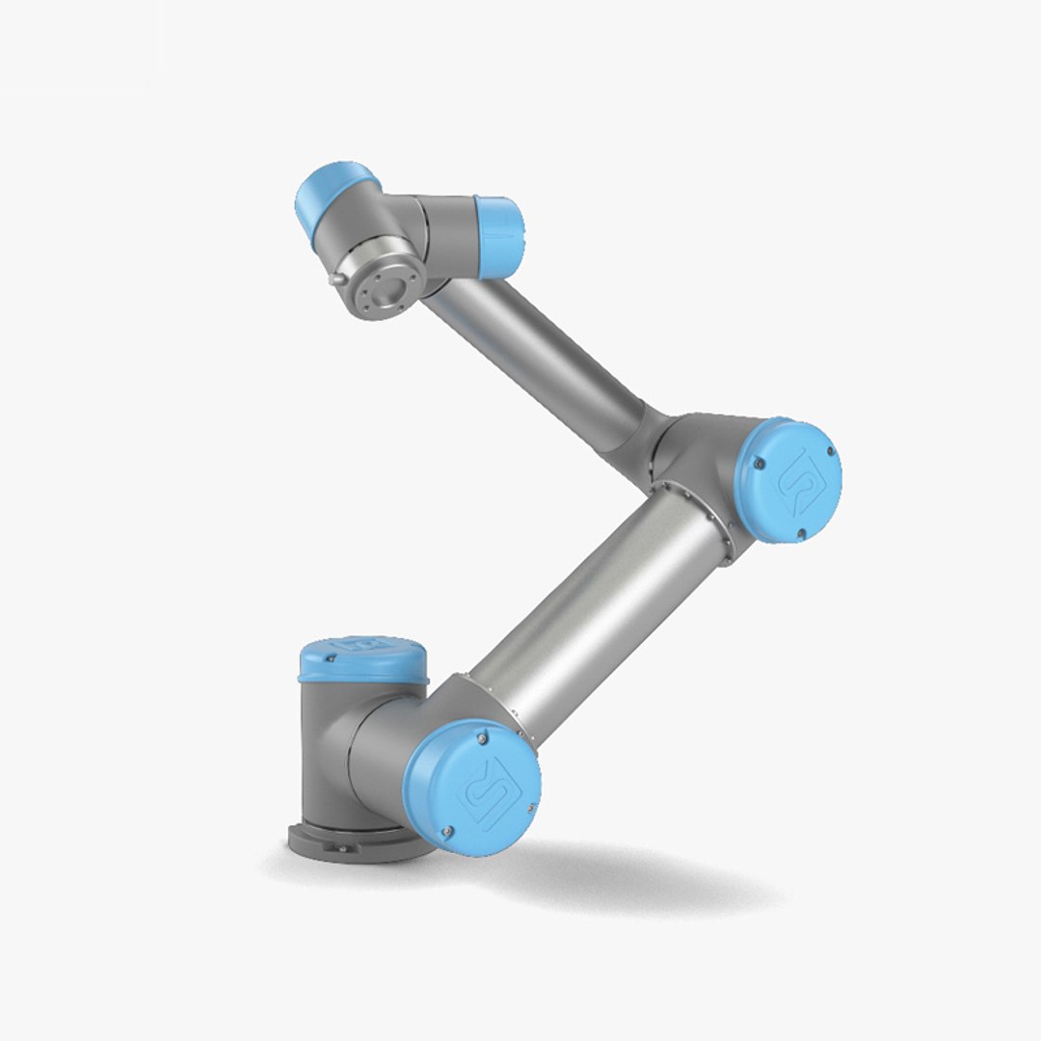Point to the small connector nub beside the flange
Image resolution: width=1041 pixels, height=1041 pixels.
coord(334,279)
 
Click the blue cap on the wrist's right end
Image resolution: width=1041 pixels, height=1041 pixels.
coord(500,230)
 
